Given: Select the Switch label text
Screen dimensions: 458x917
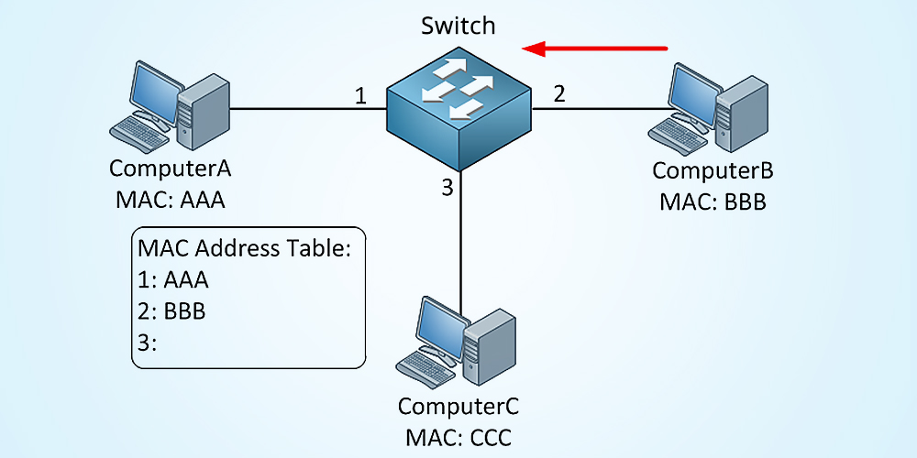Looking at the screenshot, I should pyautogui.click(x=458, y=25).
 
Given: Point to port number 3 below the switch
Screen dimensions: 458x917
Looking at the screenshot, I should pyautogui.click(x=447, y=189).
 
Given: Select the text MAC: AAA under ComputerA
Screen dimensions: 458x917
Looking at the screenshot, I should pyautogui.click(x=171, y=200).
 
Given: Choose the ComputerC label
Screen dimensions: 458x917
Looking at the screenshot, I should pyautogui.click(x=458, y=406).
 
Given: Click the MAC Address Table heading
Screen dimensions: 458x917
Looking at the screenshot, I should pyautogui.click(x=245, y=248).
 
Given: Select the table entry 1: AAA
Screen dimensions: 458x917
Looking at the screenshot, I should pyautogui.click(x=173, y=280).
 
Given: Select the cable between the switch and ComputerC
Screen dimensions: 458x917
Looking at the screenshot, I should pyautogui.click(x=459, y=247).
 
